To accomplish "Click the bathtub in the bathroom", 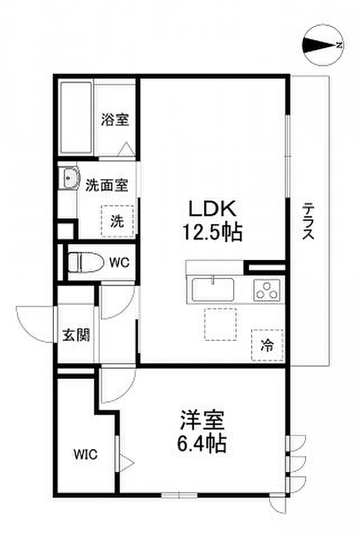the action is [x=76, y=118].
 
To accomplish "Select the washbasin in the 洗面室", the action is [x=70, y=178].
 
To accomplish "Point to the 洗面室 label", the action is [x=107, y=185].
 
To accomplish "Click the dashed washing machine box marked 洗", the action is [x=117, y=221].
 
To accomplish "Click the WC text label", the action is [x=119, y=262].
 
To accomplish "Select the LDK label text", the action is [x=213, y=208].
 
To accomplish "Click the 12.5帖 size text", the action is [x=213, y=231].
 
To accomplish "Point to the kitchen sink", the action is [x=213, y=290].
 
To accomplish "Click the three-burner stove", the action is [x=267, y=290].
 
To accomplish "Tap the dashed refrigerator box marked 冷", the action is [x=267, y=345].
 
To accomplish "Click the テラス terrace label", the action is [x=308, y=221].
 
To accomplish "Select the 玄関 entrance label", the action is [x=76, y=335].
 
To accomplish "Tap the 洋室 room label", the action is [x=202, y=420].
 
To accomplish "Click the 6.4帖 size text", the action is [x=202, y=443].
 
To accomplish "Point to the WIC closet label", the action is [x=85, y=454].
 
